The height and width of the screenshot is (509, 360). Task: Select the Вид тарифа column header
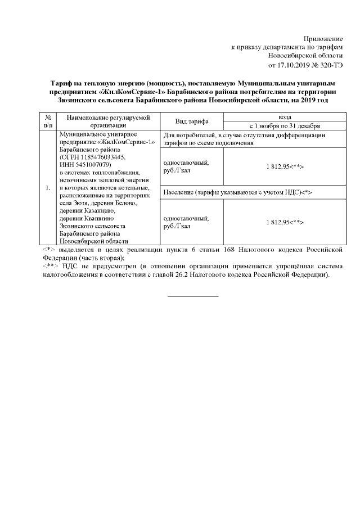pos(192,121)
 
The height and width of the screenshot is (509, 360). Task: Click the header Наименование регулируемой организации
pos(105,121)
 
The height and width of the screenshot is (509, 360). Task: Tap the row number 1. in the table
pos(48,187)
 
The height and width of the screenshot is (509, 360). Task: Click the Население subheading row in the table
pos(237,192)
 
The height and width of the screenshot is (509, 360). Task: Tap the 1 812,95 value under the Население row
pos(284,222)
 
